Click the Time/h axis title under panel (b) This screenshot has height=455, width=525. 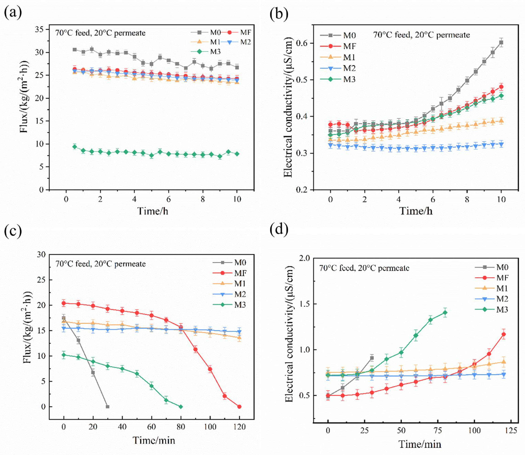(x=416, y=211)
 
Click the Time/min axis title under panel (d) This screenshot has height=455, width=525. (x=420, y=444)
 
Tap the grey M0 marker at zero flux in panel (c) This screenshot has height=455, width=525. (x=108, y=407)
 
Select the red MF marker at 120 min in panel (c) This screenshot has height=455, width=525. (x=239, y=407)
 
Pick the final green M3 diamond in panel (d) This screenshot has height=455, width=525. (x=445, y=313)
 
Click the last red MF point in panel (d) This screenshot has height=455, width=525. (x=503, y=334)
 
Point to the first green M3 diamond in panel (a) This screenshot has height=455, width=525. (x=74, y=147)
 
